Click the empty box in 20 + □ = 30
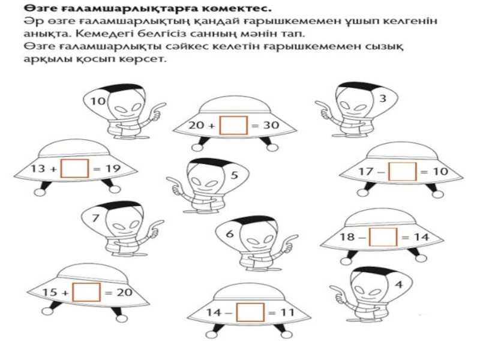tap(233, 125)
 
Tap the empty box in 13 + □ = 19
tap(74, 168)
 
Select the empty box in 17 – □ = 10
tap(403, 172)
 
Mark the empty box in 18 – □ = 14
tap(383, 237)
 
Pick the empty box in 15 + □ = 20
tap(86, 292)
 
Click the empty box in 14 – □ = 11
tap(250, 312)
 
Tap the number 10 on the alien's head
tap(98, 101)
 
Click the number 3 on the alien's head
tap(383, 98)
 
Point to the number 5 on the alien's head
tap(234, 175)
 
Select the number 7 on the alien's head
tap(95, 218)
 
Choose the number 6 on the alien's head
tap(230, 234)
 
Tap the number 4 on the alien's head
tap(399, 284)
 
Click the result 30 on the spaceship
tap(271, 125)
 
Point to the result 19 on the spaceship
tap(113, 169)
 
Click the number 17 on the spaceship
tap(366, 172)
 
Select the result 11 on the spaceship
tap(287, 313)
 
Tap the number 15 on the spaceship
tap(50, 292)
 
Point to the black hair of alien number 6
tap(251, 220)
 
